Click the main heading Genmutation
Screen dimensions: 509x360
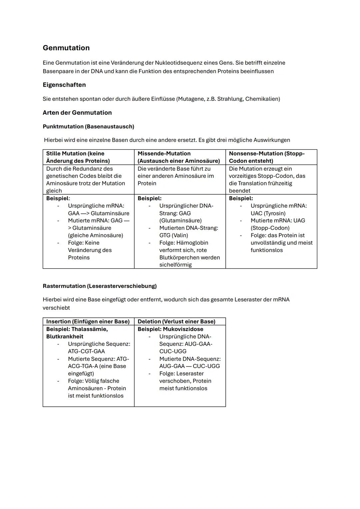point(66,48)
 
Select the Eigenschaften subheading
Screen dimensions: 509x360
point(64,85)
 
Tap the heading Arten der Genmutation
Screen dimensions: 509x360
point(77,113)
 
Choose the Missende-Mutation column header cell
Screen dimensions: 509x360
point(179,157)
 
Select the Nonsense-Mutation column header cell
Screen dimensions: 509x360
point(267,157)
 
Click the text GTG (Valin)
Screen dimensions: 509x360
point(174,235)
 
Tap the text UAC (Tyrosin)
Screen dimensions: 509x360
point(268,213)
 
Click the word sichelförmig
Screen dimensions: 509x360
point(175,265)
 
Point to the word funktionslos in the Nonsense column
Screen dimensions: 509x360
point(267,250)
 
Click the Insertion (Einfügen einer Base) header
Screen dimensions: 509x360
point(88,321)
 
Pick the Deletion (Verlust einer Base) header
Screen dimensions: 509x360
point(176,321)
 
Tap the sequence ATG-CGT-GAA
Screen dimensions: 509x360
point(86,351)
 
